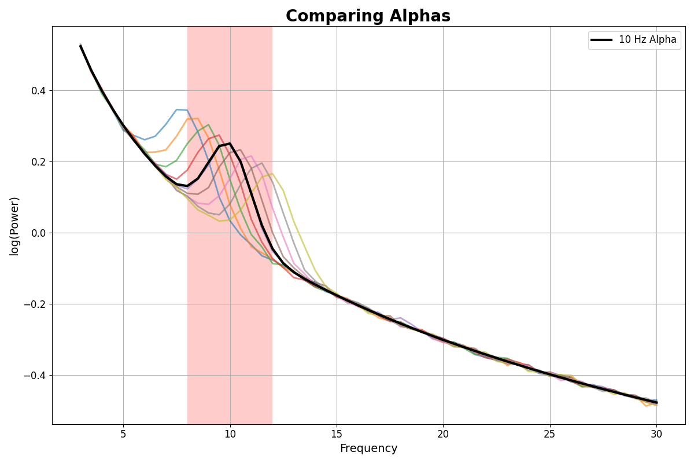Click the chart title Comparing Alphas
coord(368,16)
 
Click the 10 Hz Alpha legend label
coord(647,40)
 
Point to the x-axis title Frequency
coord(368,449)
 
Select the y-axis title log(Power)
coord(14,226)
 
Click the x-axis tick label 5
coord(123,434)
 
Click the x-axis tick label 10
coord(230,434)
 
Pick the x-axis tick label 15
coord(337,434)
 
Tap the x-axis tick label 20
coord(443,434)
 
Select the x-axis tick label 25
coord(550,434)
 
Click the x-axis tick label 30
coord(656,434)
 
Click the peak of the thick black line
coord(230,144)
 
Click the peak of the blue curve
coord(177,109)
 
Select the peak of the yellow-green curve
coord(272,174)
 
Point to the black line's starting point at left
coord(80,45)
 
